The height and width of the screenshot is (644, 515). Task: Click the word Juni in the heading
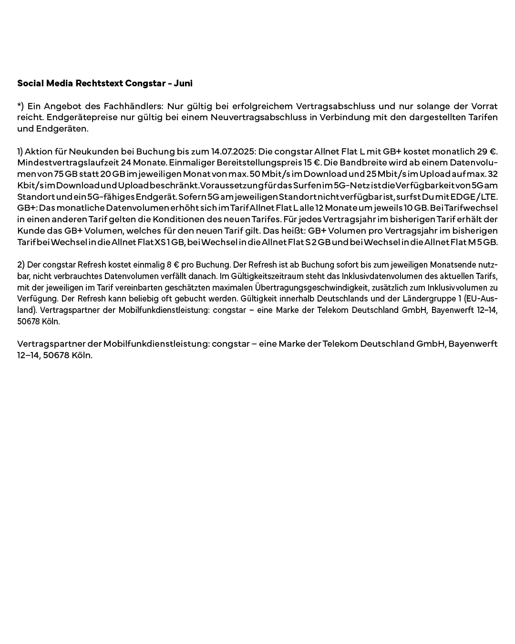click(183, 83)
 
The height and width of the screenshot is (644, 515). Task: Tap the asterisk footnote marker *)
click(21, 106)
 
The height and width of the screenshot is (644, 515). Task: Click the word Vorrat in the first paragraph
click(484, 106)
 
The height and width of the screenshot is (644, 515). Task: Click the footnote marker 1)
click(20, 152)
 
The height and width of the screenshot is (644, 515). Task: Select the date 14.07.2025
click(233, 152)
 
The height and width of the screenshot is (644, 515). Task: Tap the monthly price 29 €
click(487, 152)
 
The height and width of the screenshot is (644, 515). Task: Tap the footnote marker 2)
click(21, 265)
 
